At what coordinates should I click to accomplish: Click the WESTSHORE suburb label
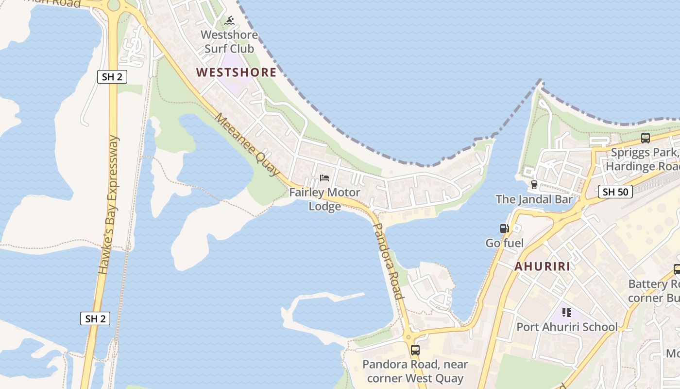[236, 73]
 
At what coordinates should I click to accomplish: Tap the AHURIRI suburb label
[542, 266]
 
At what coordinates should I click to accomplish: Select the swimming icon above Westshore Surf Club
[229, 21]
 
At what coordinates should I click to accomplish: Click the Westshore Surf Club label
[229, 42]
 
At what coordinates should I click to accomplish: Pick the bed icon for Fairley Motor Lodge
[324, 178]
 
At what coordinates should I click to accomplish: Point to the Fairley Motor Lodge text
[324, 199]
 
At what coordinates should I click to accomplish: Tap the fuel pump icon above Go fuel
[505, 229]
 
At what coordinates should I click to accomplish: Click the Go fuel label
[505, 243]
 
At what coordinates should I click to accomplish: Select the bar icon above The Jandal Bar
[534, 185]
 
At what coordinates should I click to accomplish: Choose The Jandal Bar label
[534, 199]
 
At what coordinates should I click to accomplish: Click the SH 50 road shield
[615, 192]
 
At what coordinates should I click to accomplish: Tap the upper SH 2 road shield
[112, 77]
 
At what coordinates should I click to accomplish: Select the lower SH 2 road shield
[95, 319]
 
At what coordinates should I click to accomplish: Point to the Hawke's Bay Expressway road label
[109, 205]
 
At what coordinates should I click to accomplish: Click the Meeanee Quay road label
[247, 144]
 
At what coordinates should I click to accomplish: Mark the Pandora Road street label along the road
[388, 261]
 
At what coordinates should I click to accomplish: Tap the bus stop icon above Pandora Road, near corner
[415, 350]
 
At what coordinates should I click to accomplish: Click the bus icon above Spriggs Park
[646, 138]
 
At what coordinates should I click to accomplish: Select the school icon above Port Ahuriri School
[567, 313]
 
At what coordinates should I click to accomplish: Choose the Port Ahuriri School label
[567, 327]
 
